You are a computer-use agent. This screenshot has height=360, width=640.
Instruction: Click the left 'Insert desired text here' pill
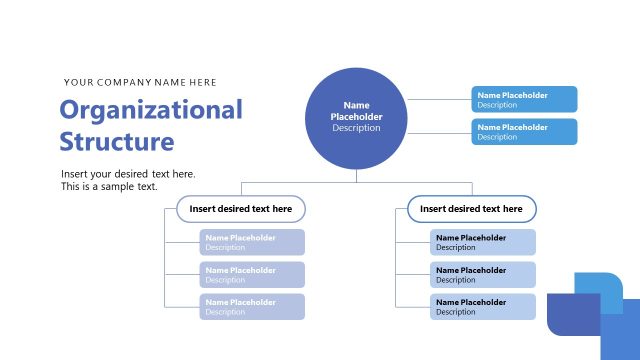point(241,208)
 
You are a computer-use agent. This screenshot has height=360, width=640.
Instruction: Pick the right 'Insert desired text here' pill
point(471,208)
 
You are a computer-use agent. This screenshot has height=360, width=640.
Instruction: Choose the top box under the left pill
point(252,242)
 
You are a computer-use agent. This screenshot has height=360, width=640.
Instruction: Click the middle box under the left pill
point(252,274)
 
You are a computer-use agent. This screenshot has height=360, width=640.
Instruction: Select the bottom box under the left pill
point(252,306)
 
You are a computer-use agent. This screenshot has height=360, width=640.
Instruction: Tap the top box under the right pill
point(483,242)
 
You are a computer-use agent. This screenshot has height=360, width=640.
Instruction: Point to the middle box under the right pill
point(483,274)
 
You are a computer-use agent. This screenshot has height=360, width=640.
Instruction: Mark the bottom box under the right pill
point(483,306)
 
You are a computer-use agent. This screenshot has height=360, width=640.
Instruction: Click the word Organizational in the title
point(151,110)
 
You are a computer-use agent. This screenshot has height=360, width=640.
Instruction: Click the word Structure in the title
point(116,141)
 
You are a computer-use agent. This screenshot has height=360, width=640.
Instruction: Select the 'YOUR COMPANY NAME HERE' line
point(140,82)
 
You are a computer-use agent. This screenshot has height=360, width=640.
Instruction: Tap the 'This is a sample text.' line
point(109,187)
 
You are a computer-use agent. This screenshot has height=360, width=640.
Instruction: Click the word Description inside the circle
point(356,128)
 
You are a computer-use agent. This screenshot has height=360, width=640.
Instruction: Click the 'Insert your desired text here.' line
point(128,174)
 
